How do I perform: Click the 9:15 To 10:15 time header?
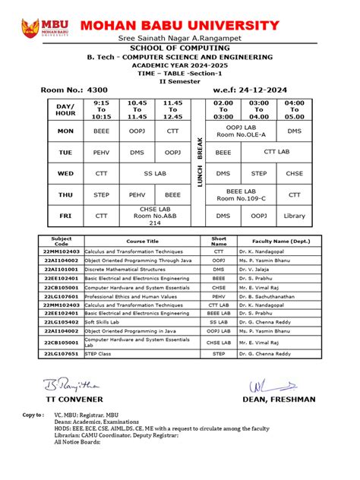tap(101, 109)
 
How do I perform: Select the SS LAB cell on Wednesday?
tap(154, 173)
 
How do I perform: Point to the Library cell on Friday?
tap(294, 216)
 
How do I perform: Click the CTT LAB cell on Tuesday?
tap(276, 152)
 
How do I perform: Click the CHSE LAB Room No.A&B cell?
tap(154, 216)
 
